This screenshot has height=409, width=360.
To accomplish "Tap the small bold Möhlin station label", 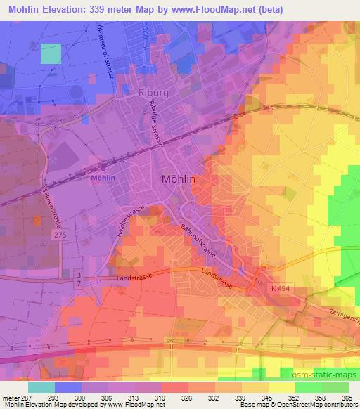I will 103,178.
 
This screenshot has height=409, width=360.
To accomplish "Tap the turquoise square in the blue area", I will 51,53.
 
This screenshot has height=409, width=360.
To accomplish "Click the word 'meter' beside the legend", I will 12,397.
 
